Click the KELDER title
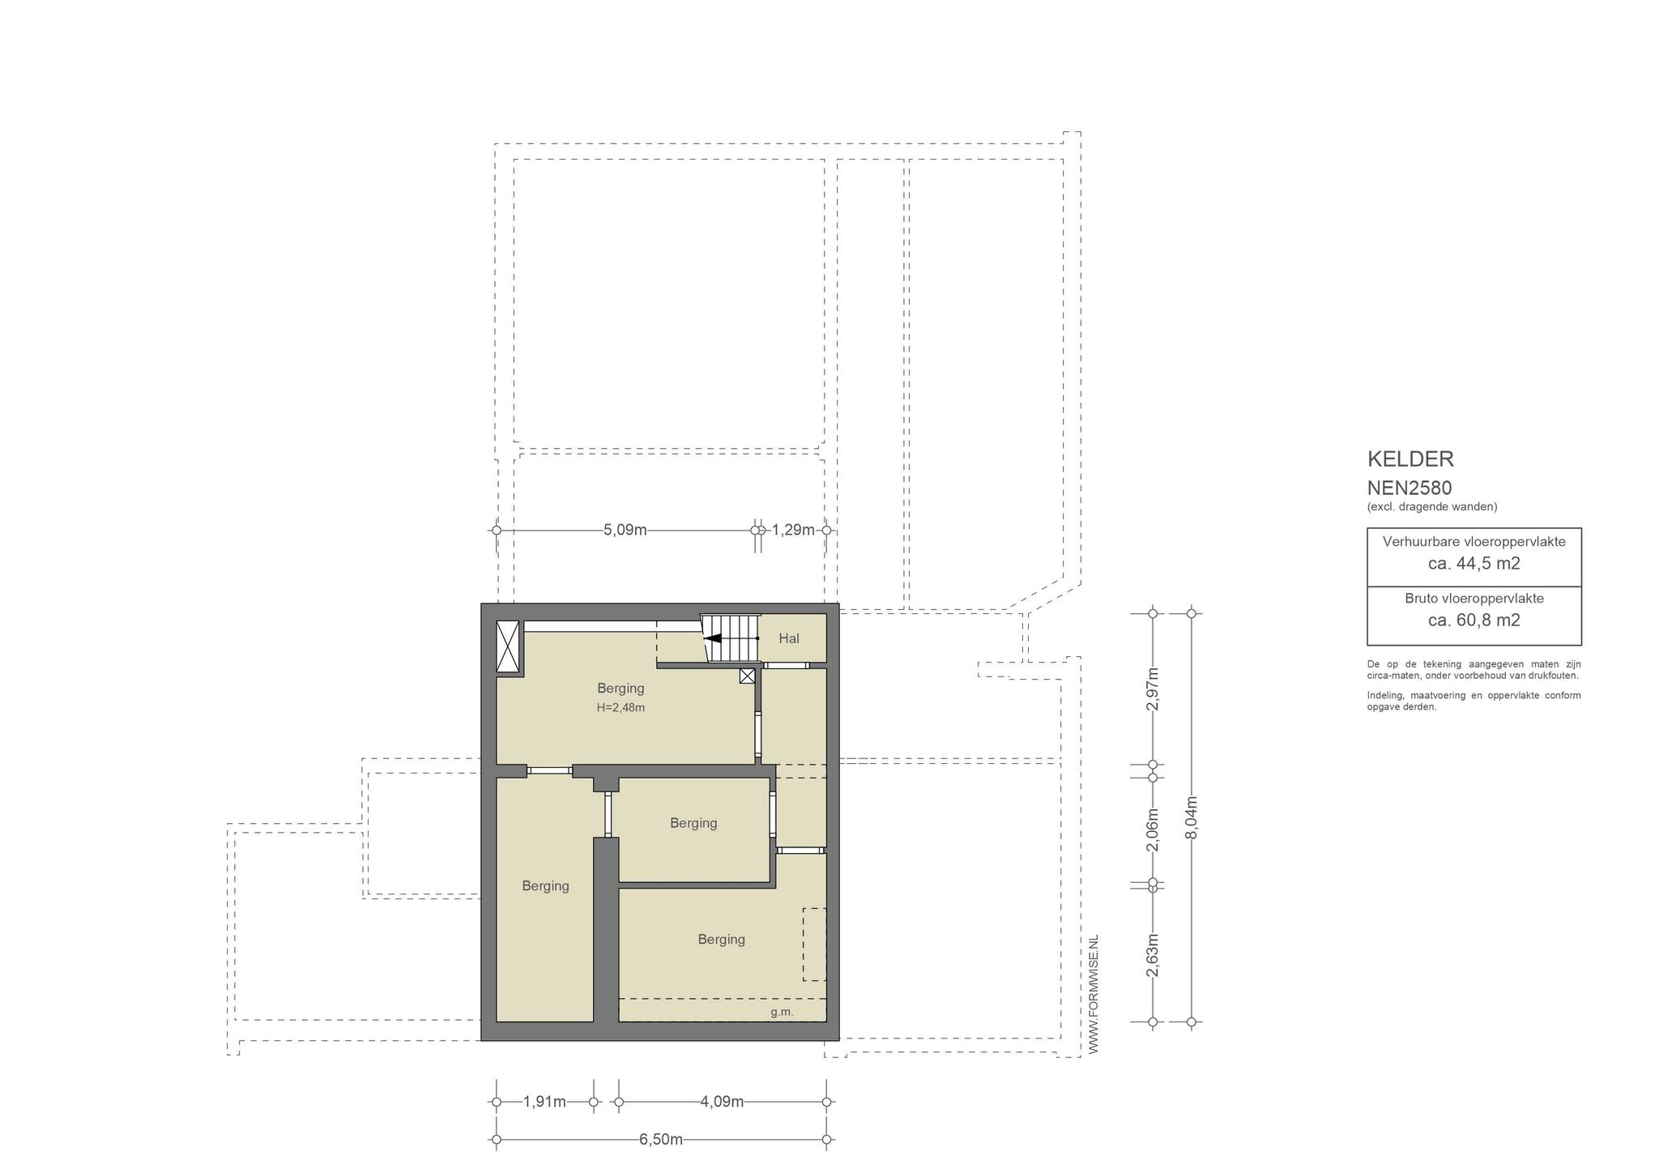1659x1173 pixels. pos(1410,459)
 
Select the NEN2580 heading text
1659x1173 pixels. pos(1410,488)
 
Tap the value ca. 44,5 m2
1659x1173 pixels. pos(1473,564)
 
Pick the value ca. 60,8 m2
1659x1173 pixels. pos(1473,621)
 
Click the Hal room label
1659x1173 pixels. pos(789,638)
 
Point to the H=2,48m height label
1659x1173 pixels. pos(621,707)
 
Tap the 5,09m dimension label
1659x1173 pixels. pos(625,530)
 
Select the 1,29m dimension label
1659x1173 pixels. pos(793,530)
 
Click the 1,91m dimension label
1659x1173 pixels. pos(544,1102)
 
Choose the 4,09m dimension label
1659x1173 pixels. pos(722,1102)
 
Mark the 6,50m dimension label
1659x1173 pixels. pos(661,1140)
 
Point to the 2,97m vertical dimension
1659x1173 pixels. pos(1153,689)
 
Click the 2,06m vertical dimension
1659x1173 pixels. pos(1153,830)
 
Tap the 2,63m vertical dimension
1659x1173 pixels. pos(1153,955)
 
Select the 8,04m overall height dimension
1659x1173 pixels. pos(1191,818)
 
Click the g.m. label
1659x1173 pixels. pos(782,1012)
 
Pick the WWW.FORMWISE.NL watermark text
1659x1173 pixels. pos(1094,994)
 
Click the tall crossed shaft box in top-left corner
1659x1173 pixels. pos(508,646)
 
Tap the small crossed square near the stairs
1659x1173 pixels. pos(747,676)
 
